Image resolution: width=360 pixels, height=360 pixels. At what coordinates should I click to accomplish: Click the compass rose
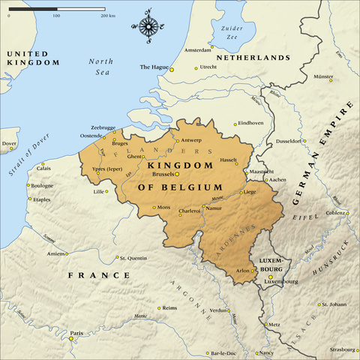tap(148, 25)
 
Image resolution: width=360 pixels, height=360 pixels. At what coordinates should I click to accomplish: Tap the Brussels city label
tap(163, 174)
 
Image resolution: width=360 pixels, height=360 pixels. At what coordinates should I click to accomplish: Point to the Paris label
tap(76, 331)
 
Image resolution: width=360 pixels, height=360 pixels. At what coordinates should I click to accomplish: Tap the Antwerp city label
tap(191, 140)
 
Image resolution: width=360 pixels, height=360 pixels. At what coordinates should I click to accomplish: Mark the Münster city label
tap(323, 76)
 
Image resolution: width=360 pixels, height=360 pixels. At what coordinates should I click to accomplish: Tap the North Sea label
tap(99, 65)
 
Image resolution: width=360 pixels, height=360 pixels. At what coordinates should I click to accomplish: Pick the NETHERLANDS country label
tap(252, 57)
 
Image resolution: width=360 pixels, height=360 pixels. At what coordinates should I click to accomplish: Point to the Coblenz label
tap(335, 212)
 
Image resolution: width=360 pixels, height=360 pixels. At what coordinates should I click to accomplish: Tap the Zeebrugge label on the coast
tap(103, 128)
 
